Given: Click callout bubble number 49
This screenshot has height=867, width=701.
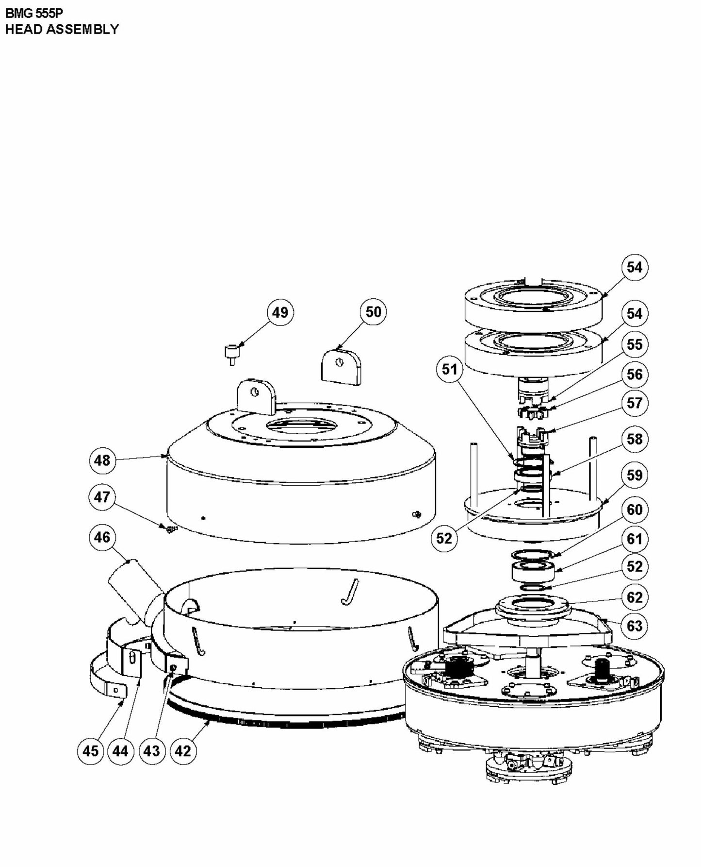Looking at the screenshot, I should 280,312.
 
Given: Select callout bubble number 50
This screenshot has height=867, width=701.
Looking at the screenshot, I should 373,312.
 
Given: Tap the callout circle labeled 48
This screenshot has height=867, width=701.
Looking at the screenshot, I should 102,460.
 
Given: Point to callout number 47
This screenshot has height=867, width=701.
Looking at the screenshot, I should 102,497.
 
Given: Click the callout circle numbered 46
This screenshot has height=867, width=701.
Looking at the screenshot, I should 102,537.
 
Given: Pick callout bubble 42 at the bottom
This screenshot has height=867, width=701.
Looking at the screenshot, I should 183,751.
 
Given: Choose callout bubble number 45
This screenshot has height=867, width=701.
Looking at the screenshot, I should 91,751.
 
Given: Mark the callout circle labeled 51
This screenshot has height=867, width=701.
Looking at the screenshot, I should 449,369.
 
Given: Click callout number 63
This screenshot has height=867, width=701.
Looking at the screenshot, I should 634,626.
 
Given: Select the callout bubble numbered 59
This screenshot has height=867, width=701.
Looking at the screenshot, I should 634,475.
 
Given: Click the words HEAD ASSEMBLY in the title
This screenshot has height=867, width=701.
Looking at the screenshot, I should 62,29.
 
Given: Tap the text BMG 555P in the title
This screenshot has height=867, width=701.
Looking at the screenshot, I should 34,13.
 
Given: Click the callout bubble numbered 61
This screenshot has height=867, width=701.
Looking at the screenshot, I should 634,539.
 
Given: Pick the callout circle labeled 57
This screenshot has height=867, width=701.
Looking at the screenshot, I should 634,403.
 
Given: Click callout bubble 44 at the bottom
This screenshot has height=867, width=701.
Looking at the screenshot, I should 120,751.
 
